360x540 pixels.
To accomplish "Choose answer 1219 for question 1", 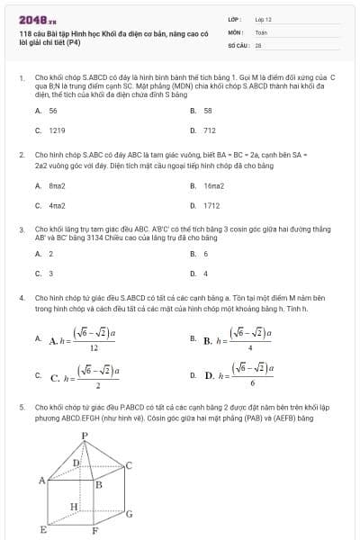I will tap(57, 130).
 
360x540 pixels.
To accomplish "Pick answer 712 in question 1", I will tap(210, 130).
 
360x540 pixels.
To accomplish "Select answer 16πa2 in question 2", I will tap(213, 185).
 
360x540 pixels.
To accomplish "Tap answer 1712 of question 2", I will tap(211, 205).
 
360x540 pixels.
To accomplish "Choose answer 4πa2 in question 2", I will tap(57, 205).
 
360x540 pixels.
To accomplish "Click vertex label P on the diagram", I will tap(85, 436).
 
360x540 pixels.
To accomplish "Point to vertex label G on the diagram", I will tap(130, 515).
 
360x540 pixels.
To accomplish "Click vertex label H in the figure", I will tap(75, 507).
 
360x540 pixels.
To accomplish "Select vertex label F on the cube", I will tap(94, 531).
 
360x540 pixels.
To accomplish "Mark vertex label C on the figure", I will tap(130, 464).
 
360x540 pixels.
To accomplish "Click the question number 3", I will tap(21, 230).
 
